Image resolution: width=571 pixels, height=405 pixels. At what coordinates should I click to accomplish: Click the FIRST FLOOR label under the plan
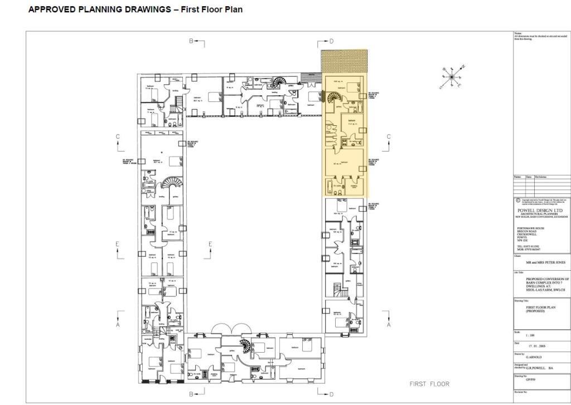429,384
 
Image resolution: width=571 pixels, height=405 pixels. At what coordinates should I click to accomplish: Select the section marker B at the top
191,41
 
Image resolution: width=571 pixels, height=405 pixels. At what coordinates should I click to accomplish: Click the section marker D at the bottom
331,394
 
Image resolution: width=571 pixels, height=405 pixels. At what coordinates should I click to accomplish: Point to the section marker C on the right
389,137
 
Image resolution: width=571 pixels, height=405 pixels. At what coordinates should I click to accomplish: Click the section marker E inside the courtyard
210,244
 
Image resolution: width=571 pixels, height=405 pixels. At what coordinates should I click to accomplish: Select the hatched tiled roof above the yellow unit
344,62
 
